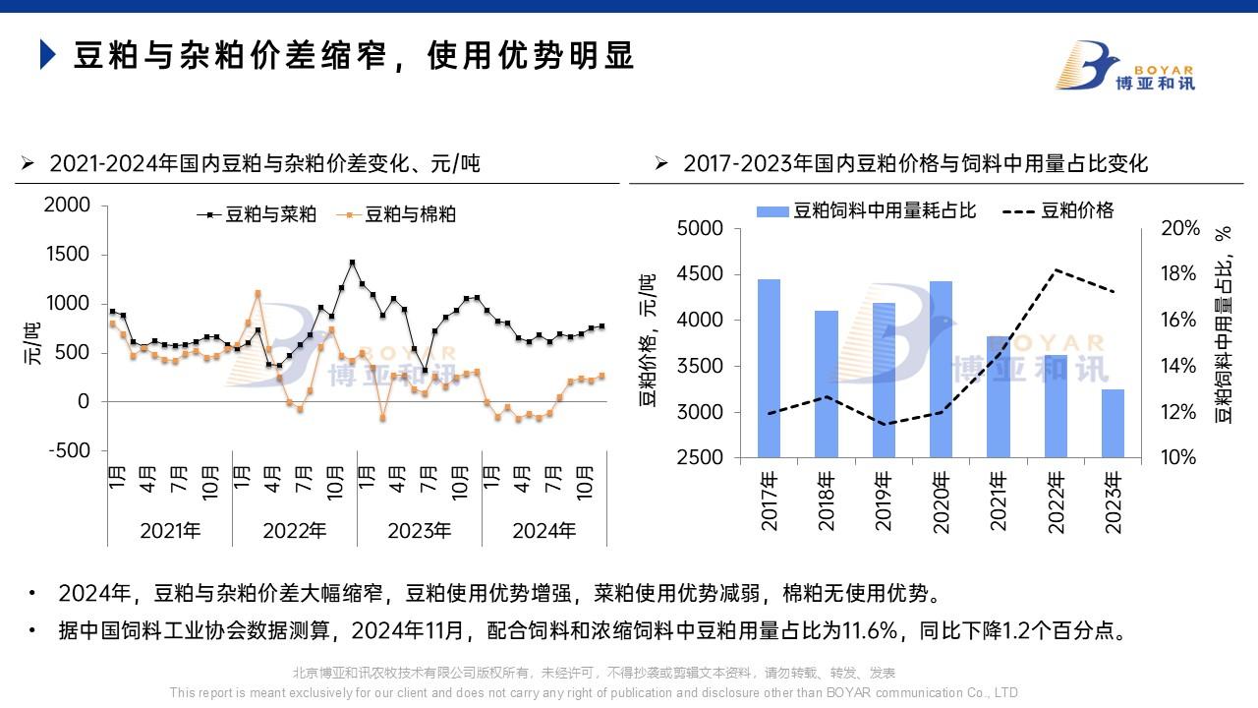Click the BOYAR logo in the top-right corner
(1124, 66)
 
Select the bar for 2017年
(769, 369)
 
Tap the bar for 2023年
(1113, 424)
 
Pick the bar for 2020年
(941, 370)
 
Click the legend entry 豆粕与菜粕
(257, 214)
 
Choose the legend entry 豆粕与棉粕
(397, 214)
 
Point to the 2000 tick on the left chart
(68, 205)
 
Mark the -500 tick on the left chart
(68, 450)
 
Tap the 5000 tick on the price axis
(702, 228)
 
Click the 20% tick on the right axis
(1180, 228)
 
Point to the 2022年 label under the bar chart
(1056, 501)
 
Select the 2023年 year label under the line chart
(420, 531)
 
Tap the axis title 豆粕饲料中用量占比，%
(1224, 324)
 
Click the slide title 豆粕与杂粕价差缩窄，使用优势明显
(355, 56)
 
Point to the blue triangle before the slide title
(47, 55)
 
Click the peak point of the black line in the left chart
(352, 263)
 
